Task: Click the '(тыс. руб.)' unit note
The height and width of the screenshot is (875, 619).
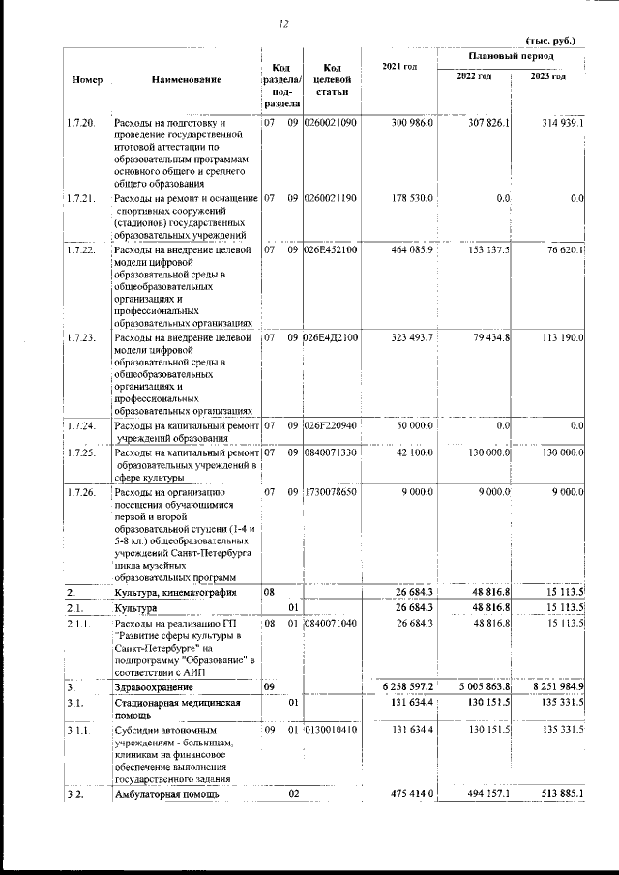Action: pos(549,41)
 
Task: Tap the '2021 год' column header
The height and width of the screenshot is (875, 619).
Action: pos(399,67)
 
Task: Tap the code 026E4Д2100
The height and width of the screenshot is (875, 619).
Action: pos(331,337)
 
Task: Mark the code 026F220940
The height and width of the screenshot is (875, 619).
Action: pos(331,425)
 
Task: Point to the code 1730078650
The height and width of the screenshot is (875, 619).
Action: pos(331,492)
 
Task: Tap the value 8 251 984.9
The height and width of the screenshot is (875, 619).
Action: pos(553,685)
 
